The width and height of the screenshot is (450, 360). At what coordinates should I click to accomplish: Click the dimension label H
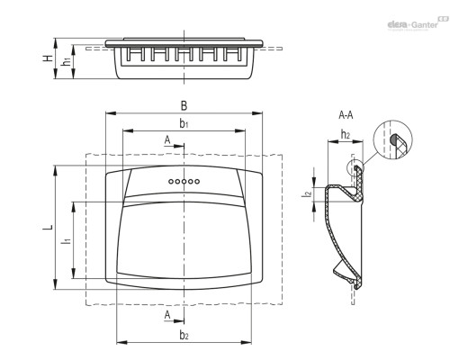coord(48,58)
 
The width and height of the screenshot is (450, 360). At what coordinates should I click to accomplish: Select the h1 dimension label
coord(66,61)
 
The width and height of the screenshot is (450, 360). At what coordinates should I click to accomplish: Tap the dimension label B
coord(184,106)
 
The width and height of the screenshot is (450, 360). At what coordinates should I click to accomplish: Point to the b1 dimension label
coord(184,123)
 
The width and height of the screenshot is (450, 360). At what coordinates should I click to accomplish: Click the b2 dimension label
coord(184,335)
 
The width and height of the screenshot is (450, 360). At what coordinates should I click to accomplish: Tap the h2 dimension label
coord(346,135)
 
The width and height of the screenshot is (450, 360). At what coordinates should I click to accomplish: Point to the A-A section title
coord(346,115)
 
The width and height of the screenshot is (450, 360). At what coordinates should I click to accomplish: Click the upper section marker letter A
coord(167,139)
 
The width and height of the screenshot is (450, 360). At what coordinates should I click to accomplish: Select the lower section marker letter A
coord(167,315)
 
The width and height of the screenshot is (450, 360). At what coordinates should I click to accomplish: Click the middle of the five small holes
coord(184,181)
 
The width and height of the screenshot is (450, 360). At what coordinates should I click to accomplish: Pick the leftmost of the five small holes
coord(171,181)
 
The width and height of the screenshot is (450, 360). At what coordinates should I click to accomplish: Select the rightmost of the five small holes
coord(197,181)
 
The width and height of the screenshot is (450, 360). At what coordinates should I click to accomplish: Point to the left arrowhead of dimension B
coord(111,113)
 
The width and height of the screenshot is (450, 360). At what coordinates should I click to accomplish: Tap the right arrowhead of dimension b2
coord(247,342)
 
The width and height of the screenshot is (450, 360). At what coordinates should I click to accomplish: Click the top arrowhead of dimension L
coord(55,170)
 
